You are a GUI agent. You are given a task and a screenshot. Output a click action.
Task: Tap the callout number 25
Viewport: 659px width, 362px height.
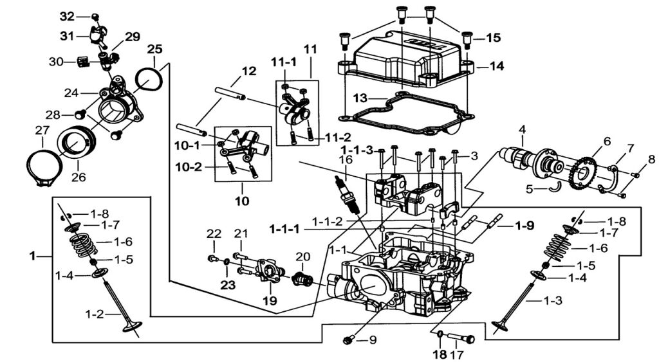pyautogui.click(x=155, y=49)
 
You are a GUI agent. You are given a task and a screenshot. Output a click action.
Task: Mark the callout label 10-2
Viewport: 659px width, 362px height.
pyautogui.click(x=189, y=167)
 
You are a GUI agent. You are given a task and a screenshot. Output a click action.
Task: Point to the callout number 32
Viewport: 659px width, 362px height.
pyautogui.click(x=67, y=16)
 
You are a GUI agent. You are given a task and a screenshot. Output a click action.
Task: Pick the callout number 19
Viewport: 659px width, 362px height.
pyautogui.click(x=269, y=300)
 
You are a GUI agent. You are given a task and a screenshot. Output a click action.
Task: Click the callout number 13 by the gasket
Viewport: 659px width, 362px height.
pyautogui.click(x=361, y=98)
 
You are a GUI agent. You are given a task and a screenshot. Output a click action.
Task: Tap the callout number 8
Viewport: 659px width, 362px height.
pyautogui.click(x=651, y=159)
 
